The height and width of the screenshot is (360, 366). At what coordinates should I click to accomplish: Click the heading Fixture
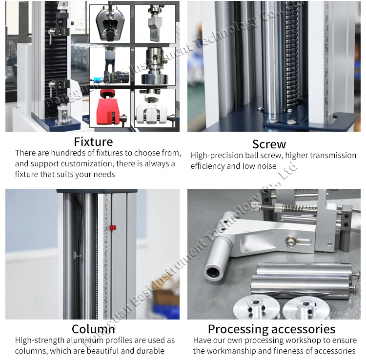click(x=93, y=142)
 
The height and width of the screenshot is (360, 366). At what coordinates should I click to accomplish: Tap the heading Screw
click(x=269, y=144)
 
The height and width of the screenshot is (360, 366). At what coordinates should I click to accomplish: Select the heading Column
click(x=93, y=329)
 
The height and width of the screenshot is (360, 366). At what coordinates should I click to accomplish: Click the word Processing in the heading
click(x=237, y=329)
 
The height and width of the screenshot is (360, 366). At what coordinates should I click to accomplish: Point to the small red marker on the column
click(x=113, y=227)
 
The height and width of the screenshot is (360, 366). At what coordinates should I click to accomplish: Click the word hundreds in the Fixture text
click(x=68, y=153)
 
